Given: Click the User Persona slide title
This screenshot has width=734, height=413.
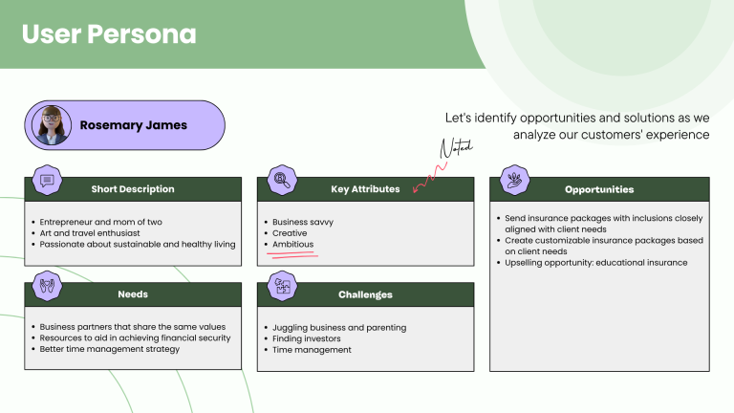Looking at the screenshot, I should click(x=109, y=34).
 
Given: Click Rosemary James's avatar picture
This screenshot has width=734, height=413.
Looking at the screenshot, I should click(x=51, y=125).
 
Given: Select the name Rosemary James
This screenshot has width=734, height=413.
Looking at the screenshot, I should click(x=133, y=125).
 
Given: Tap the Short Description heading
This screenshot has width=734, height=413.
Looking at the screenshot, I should click(x=133, y=189).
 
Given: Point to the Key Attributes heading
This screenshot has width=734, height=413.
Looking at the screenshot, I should click(x=365, y=189).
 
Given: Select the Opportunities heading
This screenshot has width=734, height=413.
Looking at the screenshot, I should click(x=598, y=189).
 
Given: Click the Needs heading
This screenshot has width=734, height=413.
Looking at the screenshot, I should click(x=133, y=294).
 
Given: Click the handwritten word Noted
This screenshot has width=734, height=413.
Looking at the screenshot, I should click(x=456, y=148).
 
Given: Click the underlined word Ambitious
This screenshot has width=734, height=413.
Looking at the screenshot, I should click(x=292, y=245).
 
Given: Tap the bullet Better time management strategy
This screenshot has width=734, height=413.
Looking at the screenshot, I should click(x=110, y=349).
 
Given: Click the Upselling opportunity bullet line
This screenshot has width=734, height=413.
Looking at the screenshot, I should click(x=596, y=263).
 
